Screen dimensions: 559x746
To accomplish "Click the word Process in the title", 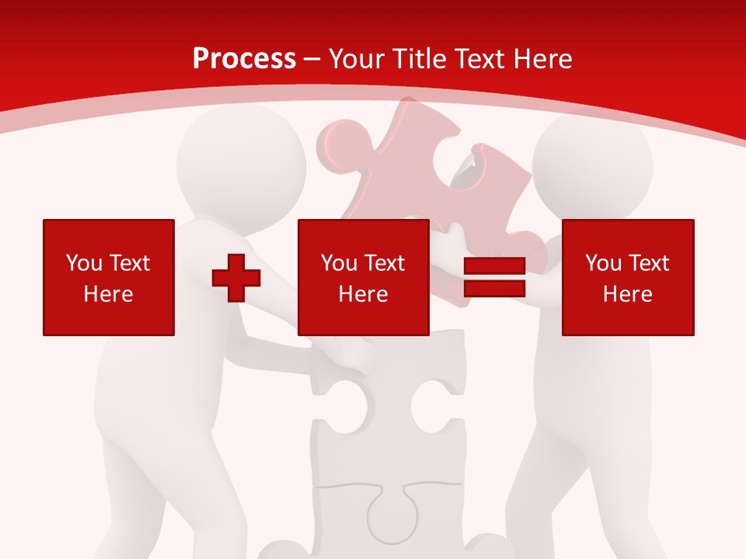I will click(244, 59).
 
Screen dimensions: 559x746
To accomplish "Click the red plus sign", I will click(236, 278).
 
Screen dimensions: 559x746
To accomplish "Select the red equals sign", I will click(494, 277).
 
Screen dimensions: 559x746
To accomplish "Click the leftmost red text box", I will click(109, 277).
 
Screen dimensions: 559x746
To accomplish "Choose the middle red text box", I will click(363, 277).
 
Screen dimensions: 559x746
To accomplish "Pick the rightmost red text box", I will click(627, 277).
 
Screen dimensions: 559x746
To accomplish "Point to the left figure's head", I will click(241, 159).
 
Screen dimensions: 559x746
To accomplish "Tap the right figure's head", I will click(592, 167).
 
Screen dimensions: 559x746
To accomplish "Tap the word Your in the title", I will click(357, 59).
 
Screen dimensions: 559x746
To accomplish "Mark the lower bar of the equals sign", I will click(494, 288).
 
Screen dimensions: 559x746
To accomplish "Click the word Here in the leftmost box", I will click(109, 294).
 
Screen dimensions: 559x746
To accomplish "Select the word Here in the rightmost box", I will click(627, 294).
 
